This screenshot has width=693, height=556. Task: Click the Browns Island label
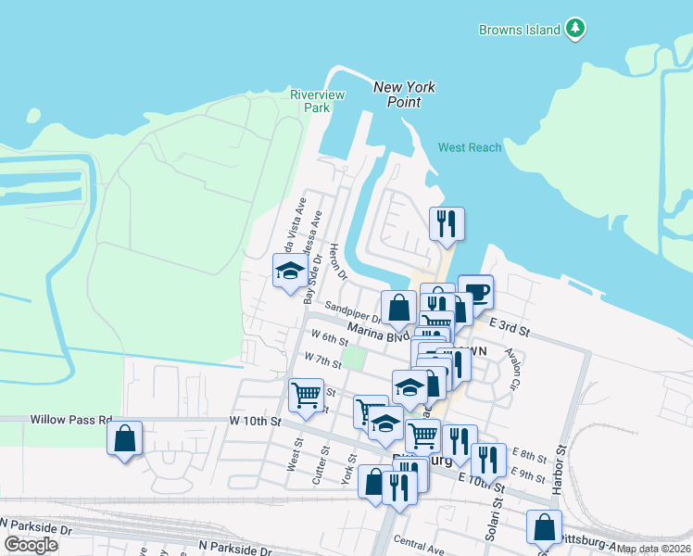(x=519, y=30)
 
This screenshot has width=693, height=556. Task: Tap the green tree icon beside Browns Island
(x=575, y=29)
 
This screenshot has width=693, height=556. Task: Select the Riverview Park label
(x=317, y=101)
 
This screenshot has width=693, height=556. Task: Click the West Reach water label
(x=470, y=147)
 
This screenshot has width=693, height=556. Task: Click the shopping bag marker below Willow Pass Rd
(x=125, y=437)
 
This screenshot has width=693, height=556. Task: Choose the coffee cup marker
(x=475, y=291)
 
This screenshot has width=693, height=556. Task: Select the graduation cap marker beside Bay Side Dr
(x=290, y=271)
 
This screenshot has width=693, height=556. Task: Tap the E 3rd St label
(x=509, y=328)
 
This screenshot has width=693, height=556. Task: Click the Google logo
(x=31, y=545)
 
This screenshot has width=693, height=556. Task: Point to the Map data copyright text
(x=653, y=549)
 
